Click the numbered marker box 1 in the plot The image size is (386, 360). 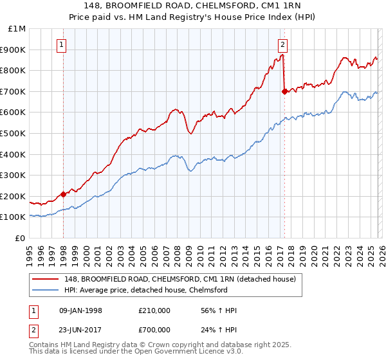click(61, 45)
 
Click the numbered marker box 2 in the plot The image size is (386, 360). click(282, 45)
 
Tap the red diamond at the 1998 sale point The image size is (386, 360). click(63, 194)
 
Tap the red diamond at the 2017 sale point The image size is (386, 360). click(284, 91)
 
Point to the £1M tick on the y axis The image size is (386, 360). click(17, 29)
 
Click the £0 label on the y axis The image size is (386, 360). click(21, 238)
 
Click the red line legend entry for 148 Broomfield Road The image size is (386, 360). click(179, 279)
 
